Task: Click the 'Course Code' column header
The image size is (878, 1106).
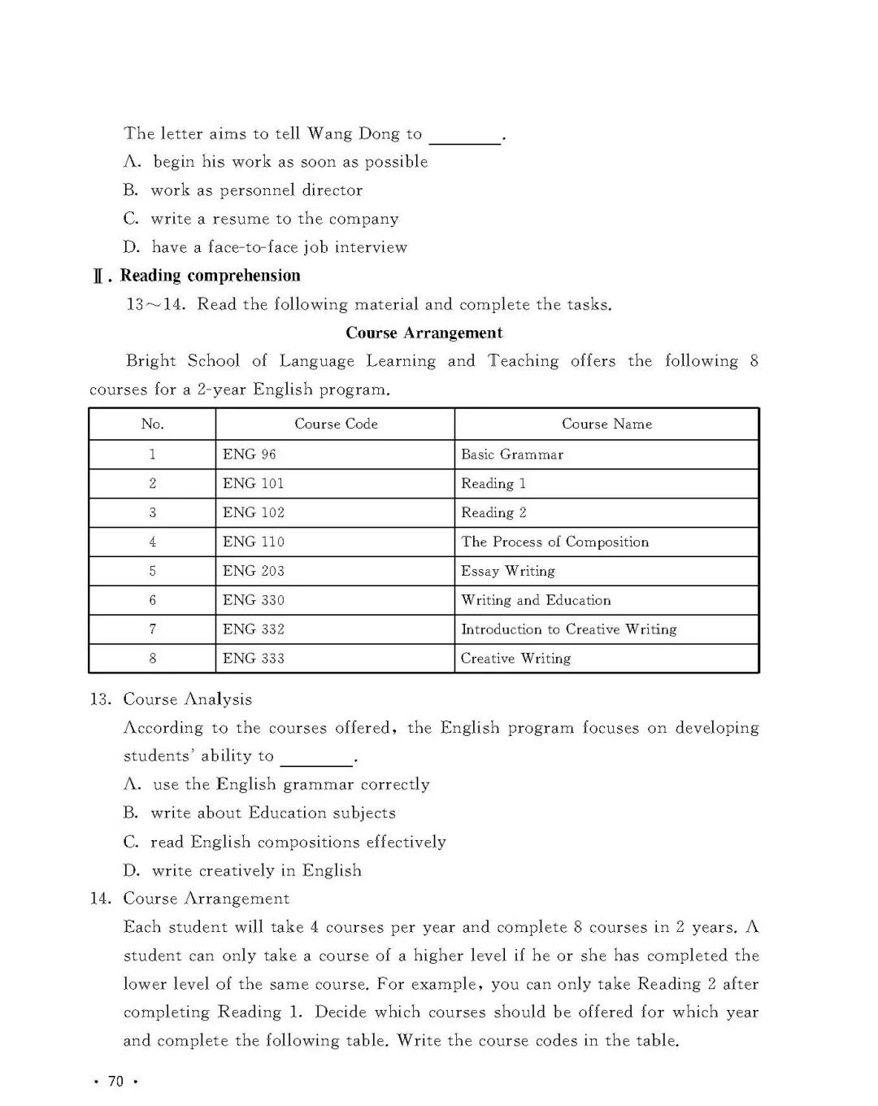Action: [x=336, y=424]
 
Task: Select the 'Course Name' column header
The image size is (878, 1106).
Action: [x=606, y=424]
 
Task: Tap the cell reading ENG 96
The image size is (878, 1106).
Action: [x=250, y=455]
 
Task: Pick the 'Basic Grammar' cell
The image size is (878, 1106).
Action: [x=512, y=455]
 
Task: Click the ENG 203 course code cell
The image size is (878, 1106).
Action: [x=254, y=571]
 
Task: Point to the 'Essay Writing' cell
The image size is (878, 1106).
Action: [x=508, y=571]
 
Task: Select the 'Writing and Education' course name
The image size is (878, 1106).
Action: [x=536, y=600]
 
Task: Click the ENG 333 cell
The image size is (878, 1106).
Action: [x=254, y=659]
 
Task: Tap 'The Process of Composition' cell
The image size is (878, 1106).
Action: [x=555, y=542]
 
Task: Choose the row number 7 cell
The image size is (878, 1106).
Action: [x=152, y=629]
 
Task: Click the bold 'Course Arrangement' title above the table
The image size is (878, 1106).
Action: [x=424, y=333]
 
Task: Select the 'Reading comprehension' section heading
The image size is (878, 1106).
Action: [x=210, y=276]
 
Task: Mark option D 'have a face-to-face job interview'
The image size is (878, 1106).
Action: [x=265, y=247]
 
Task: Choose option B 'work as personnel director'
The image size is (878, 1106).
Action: [x=243, y=190]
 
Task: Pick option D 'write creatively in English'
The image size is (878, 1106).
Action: [x=242, y=870]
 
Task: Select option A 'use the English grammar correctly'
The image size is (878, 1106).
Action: [x=276, y=785]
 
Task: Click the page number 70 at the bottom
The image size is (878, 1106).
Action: [x=115, y=1081]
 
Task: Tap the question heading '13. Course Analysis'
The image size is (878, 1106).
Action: [x=172, y=699]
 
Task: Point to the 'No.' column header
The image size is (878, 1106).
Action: [x=152, y=424]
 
